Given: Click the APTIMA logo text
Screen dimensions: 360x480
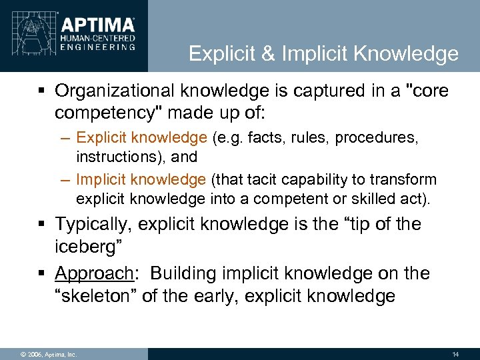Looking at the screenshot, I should coord(99,25).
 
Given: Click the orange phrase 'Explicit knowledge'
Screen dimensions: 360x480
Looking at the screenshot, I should coord(142,138).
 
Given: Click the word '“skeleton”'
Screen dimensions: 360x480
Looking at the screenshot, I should coord(94,295).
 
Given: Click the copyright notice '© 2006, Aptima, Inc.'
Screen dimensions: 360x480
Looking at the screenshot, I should coord(40,354).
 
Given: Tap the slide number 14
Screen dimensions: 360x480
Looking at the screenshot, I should coord(455,354).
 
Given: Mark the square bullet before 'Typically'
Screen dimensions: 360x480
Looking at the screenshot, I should coord(42,225).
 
